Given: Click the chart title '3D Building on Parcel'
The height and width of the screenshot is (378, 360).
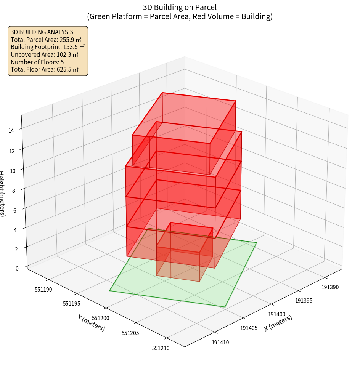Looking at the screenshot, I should [x=180, y=7].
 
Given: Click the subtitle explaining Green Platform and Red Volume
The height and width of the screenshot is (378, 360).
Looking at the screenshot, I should [x=180, y=16].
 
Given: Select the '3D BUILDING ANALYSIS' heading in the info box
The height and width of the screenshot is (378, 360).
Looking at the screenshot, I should [x=42, y=32].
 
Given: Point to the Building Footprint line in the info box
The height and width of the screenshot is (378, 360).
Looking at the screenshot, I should [x=47, y=47].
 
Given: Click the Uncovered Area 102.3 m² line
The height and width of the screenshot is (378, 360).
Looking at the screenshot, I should [x=46, y=54].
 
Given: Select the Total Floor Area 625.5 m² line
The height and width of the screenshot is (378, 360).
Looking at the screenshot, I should [x=44, y=69].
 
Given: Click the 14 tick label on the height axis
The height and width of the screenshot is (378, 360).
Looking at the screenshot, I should [x=11, y=130].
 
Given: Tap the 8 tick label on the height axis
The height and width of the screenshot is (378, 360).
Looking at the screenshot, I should [x=13, y=190].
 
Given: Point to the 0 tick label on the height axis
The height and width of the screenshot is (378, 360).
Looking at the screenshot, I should [x=17, y=268].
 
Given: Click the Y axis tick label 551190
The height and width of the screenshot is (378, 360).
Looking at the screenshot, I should [x=43, y=290].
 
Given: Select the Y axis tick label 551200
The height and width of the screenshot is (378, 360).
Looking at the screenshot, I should [x=101, y=318].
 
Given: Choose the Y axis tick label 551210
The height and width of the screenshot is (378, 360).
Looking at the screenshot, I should [x=161, y=348].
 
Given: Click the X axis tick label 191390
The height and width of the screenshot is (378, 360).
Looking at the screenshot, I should [x=330, y=287].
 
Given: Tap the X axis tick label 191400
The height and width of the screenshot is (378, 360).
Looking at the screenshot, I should [x=276, y=314].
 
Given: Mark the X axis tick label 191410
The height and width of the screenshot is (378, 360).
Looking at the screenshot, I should [x=220, y=343].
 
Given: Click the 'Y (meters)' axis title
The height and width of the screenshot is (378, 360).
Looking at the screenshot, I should [x=91, y=323].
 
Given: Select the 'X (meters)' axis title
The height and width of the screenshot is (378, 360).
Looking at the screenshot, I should [x=278, y=323].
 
